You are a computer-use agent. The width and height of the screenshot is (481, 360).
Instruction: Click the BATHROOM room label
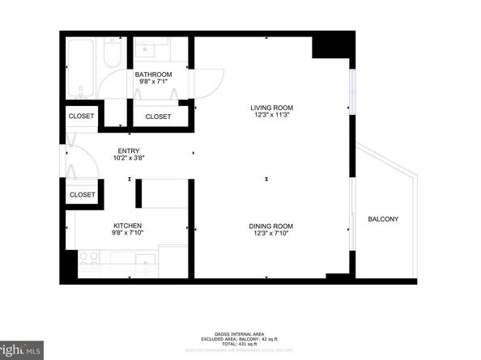[x=153, y=74]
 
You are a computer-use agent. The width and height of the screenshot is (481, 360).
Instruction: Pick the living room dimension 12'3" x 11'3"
[x=270, y=116]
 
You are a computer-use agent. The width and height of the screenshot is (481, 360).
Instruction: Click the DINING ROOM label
[x=270, y=226]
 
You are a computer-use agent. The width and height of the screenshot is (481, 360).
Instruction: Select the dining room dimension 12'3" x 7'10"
[x=270, y=235]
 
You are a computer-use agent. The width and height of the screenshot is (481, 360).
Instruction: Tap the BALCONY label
[x=383, y=219]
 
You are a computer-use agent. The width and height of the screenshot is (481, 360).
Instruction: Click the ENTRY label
[x=128, y=150]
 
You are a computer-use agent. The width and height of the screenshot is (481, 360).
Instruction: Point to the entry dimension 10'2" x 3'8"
[x=128, y=159]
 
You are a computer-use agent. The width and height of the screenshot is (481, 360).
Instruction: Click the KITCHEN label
[x=128, y=226]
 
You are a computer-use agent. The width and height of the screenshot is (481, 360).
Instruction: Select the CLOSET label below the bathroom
[x=158, y=116]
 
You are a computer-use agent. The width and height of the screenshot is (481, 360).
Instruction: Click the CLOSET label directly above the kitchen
[x=82, y=194]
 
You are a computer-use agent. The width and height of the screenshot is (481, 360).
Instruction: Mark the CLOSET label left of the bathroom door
[x=81, y=116]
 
